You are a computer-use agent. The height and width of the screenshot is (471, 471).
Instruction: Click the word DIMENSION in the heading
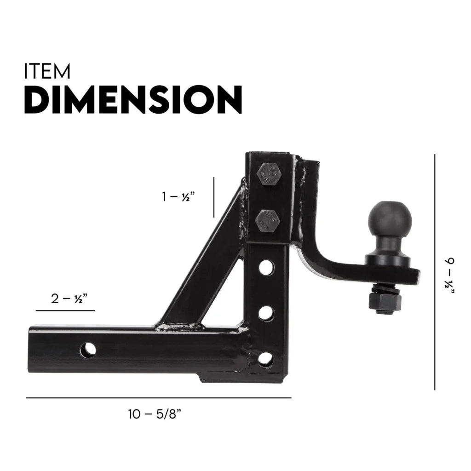click(133, 99)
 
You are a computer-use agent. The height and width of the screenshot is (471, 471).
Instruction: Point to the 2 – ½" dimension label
click(69, 299)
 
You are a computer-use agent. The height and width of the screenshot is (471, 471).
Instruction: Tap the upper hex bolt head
click(267, 175)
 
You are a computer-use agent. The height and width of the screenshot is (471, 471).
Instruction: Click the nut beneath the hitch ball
click(385, 302)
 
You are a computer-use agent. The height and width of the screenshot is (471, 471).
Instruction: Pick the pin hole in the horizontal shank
click(88, 350)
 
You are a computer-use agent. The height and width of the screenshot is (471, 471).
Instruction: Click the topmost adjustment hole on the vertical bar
click(266, 268)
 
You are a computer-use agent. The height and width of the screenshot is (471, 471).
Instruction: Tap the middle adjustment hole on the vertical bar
click(266, 314)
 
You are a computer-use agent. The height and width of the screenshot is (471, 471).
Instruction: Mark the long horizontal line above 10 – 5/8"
click(159, 397)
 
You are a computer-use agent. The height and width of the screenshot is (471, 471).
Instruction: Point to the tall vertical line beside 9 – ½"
click(434, 272)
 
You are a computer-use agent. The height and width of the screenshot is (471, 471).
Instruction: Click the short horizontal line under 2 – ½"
click(65, 311)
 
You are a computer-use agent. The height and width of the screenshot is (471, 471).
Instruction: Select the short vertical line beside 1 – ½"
click(214, 196)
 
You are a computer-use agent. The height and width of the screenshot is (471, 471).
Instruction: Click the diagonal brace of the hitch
click(202, 258)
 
